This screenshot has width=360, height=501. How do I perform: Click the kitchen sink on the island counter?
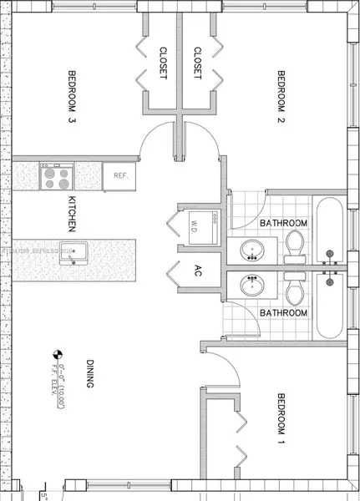pos(77,253)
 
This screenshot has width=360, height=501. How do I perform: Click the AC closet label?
pos(198,271)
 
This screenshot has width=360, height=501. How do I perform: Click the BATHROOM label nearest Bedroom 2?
pos(283,224)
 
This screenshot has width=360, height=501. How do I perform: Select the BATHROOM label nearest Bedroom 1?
pos(283,312)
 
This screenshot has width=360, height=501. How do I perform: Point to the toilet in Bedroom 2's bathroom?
pos(295,244)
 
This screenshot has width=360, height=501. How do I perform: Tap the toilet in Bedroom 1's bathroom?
pos(295,290)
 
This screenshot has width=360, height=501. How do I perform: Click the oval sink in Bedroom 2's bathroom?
pos(251,249)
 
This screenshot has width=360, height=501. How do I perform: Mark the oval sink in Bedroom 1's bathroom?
pos(251,286)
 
